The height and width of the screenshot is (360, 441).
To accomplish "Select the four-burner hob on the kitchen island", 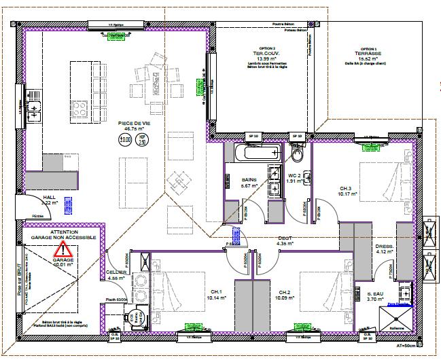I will (x=80, y=108).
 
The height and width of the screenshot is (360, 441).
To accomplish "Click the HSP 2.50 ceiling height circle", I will (x=143, y=140).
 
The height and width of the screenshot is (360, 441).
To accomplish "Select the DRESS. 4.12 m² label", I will (x=385, y=249).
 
